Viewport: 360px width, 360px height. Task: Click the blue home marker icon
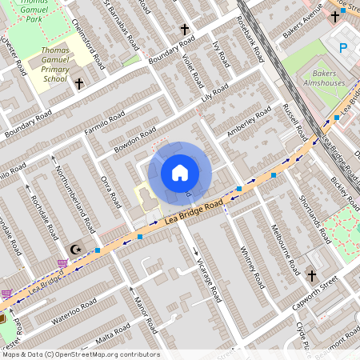click(180, 172)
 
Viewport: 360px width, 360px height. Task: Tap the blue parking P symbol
click(344, 49)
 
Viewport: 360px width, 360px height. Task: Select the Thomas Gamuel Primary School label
click(54, 64)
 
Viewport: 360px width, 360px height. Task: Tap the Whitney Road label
click(251, 267)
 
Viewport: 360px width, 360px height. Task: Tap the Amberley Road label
click(250, 125)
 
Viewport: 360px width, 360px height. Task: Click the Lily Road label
click(215, 94)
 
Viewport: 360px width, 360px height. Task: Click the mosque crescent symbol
click(77, 250)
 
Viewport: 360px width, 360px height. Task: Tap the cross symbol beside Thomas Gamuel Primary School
click(78, 83)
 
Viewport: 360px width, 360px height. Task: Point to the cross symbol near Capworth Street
click(312, 275)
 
